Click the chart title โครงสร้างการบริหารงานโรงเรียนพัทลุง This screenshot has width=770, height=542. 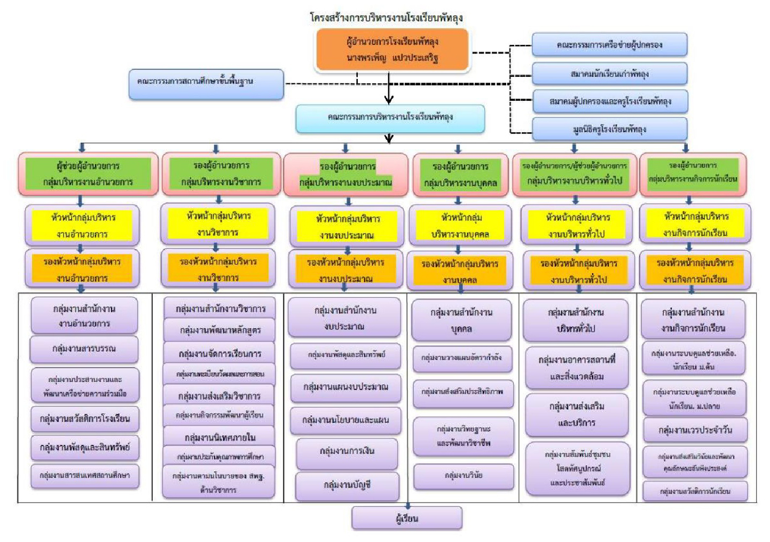click(x=386, y=18)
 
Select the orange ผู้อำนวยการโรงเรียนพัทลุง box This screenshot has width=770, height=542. click(x=392, y=50)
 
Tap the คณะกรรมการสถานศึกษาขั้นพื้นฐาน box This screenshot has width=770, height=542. click(x=206, y=83)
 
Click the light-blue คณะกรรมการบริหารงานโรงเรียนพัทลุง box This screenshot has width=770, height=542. click(x=390, y=118)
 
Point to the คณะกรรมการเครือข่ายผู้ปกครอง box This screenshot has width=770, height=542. click(x=609, y=45)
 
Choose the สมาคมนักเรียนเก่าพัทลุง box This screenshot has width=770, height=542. click(x=609, y=74)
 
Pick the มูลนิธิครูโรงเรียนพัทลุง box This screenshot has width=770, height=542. click(x=609, y=130)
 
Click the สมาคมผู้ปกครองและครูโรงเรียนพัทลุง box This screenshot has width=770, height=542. click(x=609, y=101)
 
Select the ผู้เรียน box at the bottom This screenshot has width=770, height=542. click(x=407, y=518)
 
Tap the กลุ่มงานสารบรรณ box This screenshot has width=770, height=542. click(x=84, y=349)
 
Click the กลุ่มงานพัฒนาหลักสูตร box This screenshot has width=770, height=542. click(x=219, y=330)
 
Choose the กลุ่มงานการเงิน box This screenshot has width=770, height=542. click(x=347, y=452)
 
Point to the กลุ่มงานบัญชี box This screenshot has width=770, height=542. click(x=347, y=485)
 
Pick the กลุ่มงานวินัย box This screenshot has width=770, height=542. click(x=463, y=475)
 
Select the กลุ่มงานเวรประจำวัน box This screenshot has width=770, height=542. click(x=695, y=430)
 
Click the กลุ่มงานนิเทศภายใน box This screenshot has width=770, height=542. click(x=219, y=437)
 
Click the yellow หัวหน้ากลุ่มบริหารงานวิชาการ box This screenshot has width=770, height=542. click(x=218, y=224)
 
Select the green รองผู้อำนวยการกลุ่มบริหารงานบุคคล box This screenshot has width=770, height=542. click(x=460, y=174)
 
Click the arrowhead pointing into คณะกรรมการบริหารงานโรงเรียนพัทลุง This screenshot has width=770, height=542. click(x=389, y=99)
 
